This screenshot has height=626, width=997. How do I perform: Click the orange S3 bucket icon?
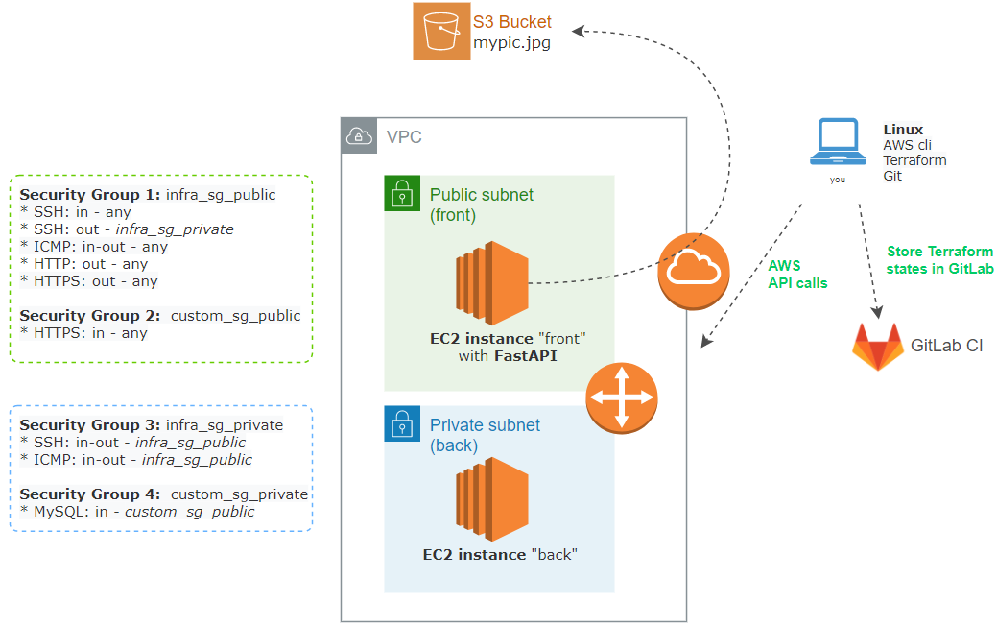click(441, 31)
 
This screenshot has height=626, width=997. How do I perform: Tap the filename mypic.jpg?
click(511, 43)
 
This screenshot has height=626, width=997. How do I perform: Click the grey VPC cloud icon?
click(359, 135)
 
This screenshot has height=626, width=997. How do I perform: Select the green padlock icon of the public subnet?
click(402, 193)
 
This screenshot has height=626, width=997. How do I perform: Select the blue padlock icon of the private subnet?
click(402, 423)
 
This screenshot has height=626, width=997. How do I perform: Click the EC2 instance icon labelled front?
click(492, 283)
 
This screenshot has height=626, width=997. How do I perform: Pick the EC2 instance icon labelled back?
click(492, 499)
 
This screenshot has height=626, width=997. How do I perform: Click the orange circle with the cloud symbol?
click(694, 272)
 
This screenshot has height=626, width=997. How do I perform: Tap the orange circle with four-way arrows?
click(621, 398)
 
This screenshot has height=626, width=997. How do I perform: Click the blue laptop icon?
click(838, 142)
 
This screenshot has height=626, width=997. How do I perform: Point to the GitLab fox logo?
click(877, 347)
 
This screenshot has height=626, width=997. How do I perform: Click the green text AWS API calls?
click(797, 275)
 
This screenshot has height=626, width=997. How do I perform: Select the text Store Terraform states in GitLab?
click(939, 260)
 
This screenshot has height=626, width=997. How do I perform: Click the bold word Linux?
click(903, 130)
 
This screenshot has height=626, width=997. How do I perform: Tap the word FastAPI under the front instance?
click(526, 356)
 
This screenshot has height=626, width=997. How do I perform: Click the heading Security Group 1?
click(89, 195)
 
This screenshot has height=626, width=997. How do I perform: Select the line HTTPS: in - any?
click(83, 333)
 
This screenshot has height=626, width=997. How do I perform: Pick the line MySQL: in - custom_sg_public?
click(137, 512)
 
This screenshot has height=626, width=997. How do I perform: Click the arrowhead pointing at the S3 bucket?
click(578, 31)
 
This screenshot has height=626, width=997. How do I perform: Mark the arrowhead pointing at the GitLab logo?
click(877, 312)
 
